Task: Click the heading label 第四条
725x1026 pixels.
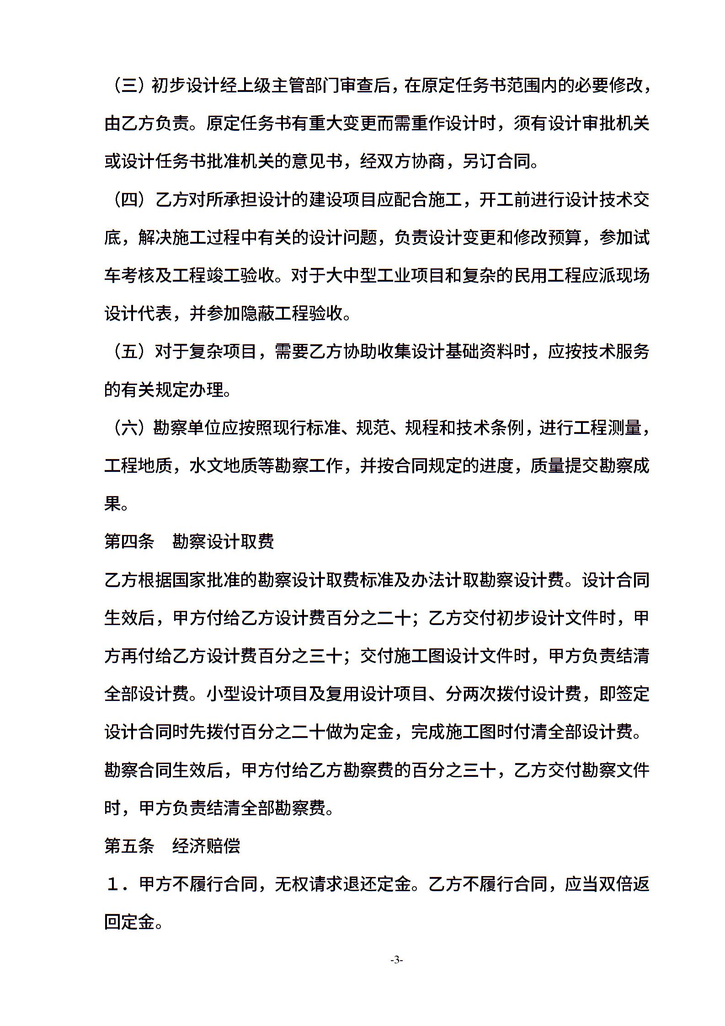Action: [x=129, y=542]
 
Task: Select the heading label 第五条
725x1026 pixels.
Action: [x=129, y=846]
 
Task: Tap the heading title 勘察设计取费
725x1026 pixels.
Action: [x=223, y=542]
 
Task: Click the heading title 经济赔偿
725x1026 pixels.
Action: [x=206, y=846]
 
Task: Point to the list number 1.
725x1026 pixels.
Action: [x=114, y=885]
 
